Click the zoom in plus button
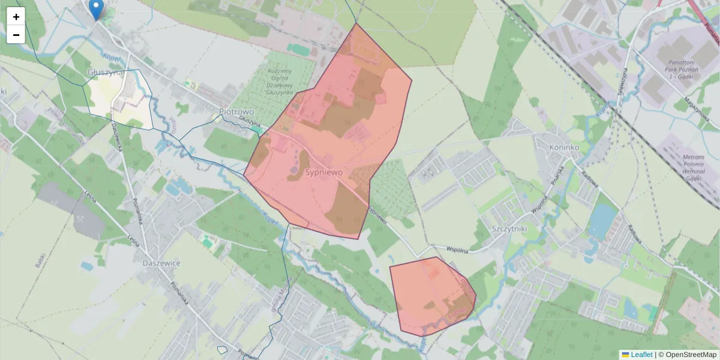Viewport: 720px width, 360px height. click(16, 17)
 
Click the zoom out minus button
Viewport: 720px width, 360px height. click(16, 35)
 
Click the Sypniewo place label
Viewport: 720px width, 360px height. click(324, 172)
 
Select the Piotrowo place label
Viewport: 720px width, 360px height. click(236, 112)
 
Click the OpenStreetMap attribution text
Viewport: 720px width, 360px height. click(687, 355)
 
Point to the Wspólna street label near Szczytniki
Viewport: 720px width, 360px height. click(457, 248)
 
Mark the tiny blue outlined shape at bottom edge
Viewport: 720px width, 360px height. click(222, 350)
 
